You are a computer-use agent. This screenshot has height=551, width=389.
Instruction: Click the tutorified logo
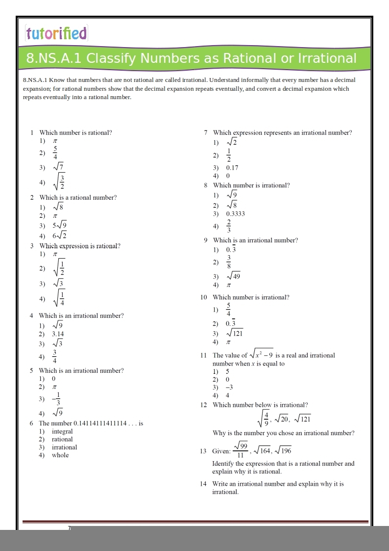coord(56,33)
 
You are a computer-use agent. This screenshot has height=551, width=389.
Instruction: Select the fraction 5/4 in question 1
coord(55,153)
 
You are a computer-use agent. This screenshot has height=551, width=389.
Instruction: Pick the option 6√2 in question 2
coord(60,236)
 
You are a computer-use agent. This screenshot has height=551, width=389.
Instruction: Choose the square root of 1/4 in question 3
coord(58,298)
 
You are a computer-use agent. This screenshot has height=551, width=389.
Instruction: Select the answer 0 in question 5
coord(54,379)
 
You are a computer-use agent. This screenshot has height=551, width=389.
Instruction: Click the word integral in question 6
coord(62,431)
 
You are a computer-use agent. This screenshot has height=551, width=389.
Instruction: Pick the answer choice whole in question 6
coord(60,455)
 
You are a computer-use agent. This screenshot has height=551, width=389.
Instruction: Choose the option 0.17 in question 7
coord(232,167)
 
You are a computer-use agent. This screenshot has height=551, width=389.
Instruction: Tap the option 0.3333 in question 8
coord(235,214)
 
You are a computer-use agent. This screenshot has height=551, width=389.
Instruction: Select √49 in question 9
coord(233,276)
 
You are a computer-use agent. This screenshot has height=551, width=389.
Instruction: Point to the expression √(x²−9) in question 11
coord(261,353)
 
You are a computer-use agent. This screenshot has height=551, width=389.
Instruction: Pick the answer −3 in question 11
coord(229,387)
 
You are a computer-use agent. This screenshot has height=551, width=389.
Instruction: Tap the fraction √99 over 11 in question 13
coord(241,450)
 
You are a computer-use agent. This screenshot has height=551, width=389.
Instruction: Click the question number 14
coord(203,484)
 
